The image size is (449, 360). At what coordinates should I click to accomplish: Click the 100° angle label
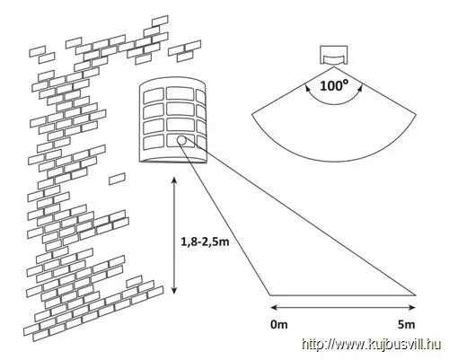coord(334,85)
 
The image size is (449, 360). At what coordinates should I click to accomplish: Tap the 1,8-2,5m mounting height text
coord(205,241)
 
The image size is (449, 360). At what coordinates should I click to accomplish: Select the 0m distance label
coord(279,324)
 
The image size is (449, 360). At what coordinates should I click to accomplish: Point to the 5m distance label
coord(406,324)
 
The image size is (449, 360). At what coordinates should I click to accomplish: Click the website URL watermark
coord(371,344)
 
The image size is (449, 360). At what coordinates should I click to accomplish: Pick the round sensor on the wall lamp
coord(181,140)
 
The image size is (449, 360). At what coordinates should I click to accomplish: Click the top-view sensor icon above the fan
coord(334,55)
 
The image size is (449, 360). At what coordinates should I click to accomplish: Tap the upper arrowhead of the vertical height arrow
coord(174,180)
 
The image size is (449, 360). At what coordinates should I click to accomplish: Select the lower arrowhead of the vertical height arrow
coord(174,290)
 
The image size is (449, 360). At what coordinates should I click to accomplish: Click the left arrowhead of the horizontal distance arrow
coord(274,307)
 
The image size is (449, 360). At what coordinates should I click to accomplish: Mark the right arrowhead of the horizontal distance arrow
coord(412,307)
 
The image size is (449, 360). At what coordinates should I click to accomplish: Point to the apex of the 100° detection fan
coord(334,67)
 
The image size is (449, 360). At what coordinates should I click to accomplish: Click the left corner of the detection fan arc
coord(252,114)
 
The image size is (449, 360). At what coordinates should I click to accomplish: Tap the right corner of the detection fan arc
coord(416,114)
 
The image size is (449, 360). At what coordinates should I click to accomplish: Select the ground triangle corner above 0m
coord(270,295)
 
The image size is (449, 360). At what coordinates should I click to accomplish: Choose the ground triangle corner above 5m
coord(416,295)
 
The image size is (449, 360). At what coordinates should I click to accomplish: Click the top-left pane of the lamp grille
coord(154,96)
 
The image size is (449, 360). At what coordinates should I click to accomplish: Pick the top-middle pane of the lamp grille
coord(180,93)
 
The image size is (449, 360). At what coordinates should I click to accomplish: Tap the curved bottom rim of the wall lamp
coord(172,161)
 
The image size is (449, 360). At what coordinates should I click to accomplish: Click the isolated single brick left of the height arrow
coord(117,179)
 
